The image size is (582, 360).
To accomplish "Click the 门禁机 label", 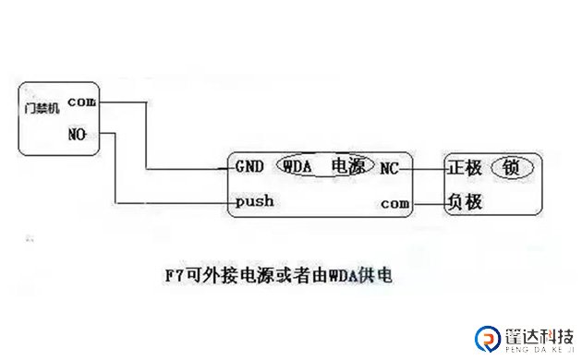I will (x=42, y=107).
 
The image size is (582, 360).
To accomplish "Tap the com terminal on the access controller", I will (x=82, y=102).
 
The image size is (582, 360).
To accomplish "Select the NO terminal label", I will (x=78, y=134).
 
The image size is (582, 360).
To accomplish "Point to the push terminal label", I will (x=254, y=200).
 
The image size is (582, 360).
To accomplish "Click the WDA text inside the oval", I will (x=297, y=167).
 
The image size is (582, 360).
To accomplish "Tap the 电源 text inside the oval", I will (x=347, y=167).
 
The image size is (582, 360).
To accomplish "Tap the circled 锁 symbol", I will (x=511, y=167).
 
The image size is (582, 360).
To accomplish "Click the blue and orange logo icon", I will (x=485, y=338).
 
